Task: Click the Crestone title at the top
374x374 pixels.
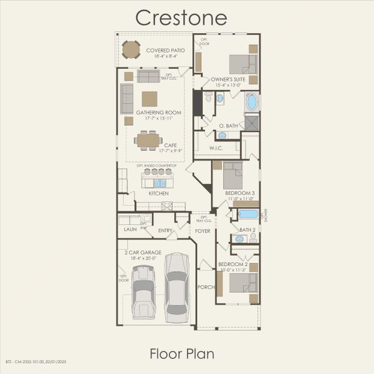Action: (x=181, y=17)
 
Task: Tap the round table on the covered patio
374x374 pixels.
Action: (x=131, y=49)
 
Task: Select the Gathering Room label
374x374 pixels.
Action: (x=159, y=113)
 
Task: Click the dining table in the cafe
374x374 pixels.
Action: (x=149, y=140)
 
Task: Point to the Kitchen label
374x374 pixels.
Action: (x=158, y=193)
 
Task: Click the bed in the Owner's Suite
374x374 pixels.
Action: (x=242, y=64)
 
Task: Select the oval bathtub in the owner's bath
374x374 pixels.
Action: (x=251, y=102)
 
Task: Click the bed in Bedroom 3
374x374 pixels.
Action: (x=233, y=175)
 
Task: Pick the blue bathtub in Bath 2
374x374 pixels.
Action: (x=247, y=214)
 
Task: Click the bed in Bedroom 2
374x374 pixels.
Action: (x=242, y=282)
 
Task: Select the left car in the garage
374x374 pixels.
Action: (x=143, y=292)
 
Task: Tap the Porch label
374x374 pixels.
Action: (x=206, y=287)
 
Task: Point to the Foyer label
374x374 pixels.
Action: (x=203, y=231)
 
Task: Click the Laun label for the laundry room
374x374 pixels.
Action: (x=130, y=229)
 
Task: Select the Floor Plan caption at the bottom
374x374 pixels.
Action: (x=182, y=353)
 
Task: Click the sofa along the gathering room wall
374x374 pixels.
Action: (x=127, y=98)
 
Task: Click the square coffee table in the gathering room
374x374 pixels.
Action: (x=149, y=99)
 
